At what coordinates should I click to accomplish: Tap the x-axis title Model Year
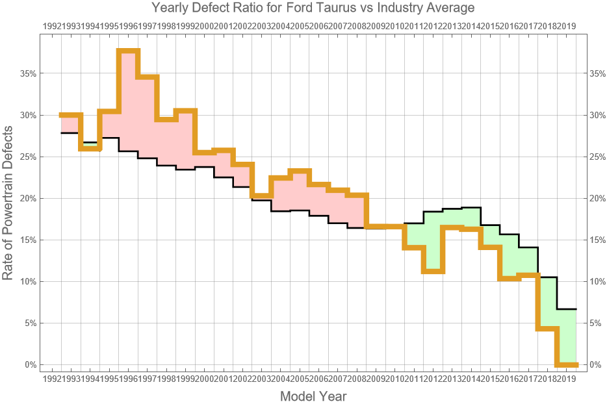tap(313, 396)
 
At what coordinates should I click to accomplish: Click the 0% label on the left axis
tap(30, 364)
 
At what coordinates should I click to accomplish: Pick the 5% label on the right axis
tap(597, 323)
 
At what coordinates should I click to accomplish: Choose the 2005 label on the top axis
tap(300, 26)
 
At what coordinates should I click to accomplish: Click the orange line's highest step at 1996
tap(129, 51)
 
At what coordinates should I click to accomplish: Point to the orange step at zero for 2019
tap(567, 364)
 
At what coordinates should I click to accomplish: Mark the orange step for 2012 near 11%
tap(433, 271)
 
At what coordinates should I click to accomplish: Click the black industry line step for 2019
tap(567, 309)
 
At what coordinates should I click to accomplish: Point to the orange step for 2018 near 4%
tap(547, 328)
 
